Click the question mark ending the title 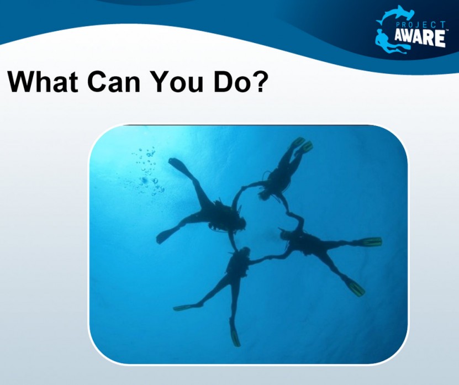click(260, 81)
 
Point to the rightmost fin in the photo click(371, 241)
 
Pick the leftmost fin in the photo click(165, 236)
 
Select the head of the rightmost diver click(285, 234)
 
